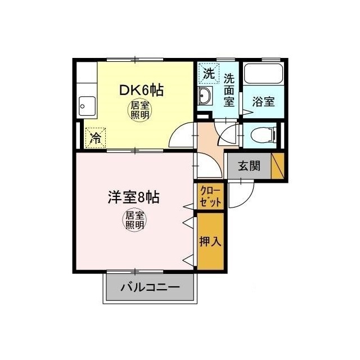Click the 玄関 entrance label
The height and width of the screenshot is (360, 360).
click(x=248, y=166)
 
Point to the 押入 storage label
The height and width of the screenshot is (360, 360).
click(x=210, y=241)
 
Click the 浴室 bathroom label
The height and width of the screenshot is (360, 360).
click(x=263, y=102)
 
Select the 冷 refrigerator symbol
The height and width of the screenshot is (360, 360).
click(x=96, y=138)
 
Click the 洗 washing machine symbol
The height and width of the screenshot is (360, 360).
click(x=209, y=73)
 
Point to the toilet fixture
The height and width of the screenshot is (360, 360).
click(x=262, y=136)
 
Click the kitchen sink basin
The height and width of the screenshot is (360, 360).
click(x=86, y=105)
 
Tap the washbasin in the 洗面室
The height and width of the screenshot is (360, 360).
click(x=205, y=97)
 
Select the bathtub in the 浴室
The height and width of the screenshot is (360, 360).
click(x=263, y=75)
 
